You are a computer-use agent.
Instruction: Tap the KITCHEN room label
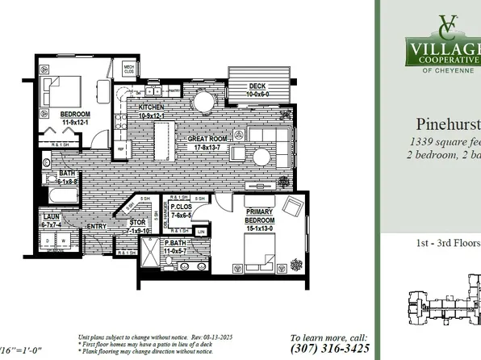tap(151, 107)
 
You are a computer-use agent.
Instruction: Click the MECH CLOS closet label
tap(128, 69)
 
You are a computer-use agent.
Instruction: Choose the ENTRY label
tap(95, 226)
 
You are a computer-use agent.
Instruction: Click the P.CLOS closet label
tap(180, 207)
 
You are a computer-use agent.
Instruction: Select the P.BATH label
tap(175, 243)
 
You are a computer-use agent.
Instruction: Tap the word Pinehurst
tap(448, 125)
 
